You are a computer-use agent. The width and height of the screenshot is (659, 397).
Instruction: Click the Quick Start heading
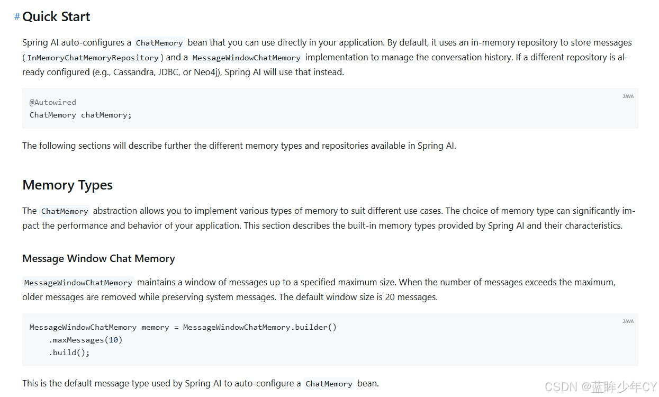coord(56,17)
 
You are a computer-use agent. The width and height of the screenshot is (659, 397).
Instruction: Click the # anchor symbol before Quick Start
coord(17,17)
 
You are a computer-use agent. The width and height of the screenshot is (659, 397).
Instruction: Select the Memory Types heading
coord(67,185)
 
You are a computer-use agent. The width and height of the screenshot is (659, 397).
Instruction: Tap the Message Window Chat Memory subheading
coord(98,259)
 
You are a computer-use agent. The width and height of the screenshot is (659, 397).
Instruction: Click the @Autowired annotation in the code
coord(53,102)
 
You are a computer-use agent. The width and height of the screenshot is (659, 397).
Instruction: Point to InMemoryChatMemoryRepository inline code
coord(93,58)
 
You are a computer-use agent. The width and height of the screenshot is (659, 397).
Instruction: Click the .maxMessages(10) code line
coord(86,340)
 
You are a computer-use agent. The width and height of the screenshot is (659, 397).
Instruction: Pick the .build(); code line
coord(69,353)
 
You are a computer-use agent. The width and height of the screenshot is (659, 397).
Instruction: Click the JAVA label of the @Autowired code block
coord(628,96)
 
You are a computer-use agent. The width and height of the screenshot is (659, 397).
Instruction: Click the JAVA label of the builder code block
coord(628,321)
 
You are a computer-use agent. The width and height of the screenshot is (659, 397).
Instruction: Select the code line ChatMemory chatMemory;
coord(80,115)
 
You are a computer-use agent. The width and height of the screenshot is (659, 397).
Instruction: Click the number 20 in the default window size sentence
coord(390,297)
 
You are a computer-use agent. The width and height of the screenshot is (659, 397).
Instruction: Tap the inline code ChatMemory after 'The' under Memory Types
coord(65,211)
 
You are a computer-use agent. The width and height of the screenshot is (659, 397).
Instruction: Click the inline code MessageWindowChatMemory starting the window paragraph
coord(78,283)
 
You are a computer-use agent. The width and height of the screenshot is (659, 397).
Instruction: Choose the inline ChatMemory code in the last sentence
coord(329,384)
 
